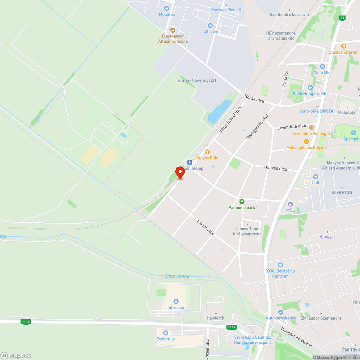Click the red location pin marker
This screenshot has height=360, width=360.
pyautogui.click(x=180, y=172)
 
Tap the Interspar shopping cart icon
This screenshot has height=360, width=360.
pyautogui.click(x=176, y=301)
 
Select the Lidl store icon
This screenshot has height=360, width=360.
pyautogui.click(x=316, y=176)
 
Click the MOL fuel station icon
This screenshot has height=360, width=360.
pyautogui.click(x=291, y=204)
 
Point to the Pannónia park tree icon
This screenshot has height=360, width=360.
pyautogui.click(x=242, y=202)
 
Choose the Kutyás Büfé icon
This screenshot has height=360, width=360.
pyautogui.click(x=207, y=152)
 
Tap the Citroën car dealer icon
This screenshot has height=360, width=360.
pyautogui.click(x=210, y=25)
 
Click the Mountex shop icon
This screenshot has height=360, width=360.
pyautogui.click(x=167, y=8)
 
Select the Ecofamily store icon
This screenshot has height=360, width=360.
pyautogui.click(x=166, y=333)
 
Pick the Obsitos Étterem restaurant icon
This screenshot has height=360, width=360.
pyautogui.click(x=344, y=46)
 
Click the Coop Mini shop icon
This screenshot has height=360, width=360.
pyautogui.click(x=322, y=67)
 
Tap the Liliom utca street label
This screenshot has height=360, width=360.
pyautogui.click(x=206, y=227)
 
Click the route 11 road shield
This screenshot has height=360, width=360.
pyautogui.click(x=342, y=18)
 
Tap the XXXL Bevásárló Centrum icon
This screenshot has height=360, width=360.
pyautogui.click(x=280, y=265)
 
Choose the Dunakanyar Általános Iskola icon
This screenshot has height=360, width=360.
pyautogui.click(x=173, y=30)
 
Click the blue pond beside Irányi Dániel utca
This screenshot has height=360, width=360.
pyautogui.click(x=219, y=111)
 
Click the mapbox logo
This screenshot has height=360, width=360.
pyautogui.click(x=16, y=355)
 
